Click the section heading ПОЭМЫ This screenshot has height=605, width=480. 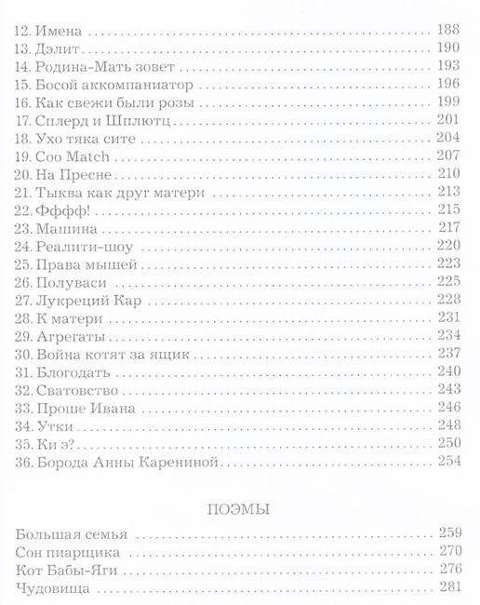[x=239, y=508]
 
